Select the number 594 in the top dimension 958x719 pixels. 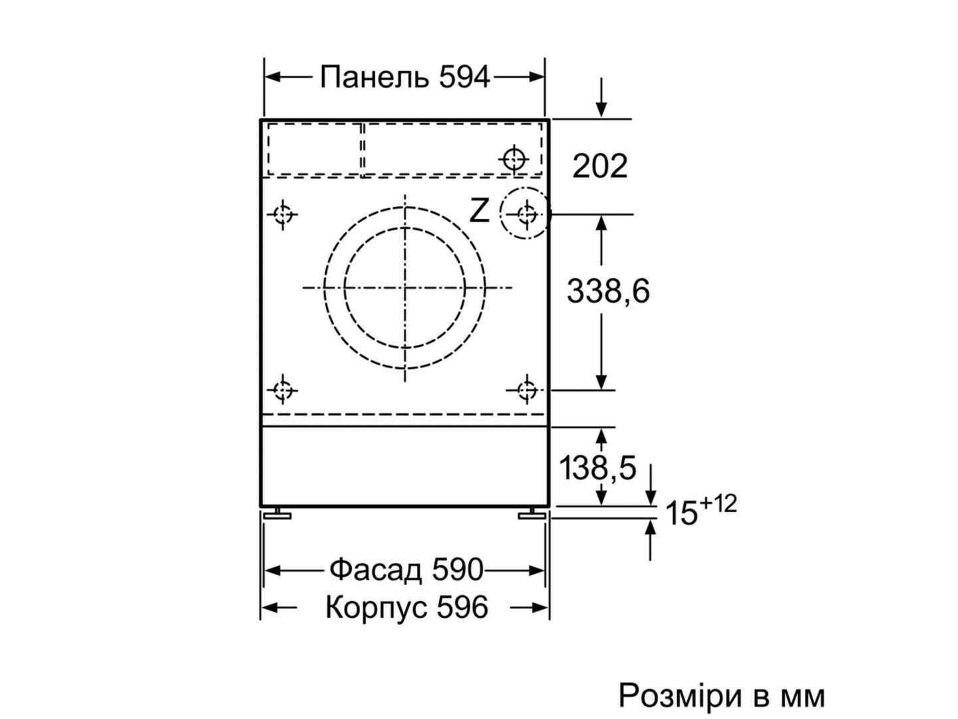point(464,77)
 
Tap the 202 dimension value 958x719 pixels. point(599,166)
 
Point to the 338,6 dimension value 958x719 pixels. point(608,291)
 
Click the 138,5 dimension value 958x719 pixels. point(597,467)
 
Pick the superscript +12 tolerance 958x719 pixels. point(718,504)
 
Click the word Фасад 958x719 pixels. point(376,570)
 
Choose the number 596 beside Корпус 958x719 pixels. point(462,606)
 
